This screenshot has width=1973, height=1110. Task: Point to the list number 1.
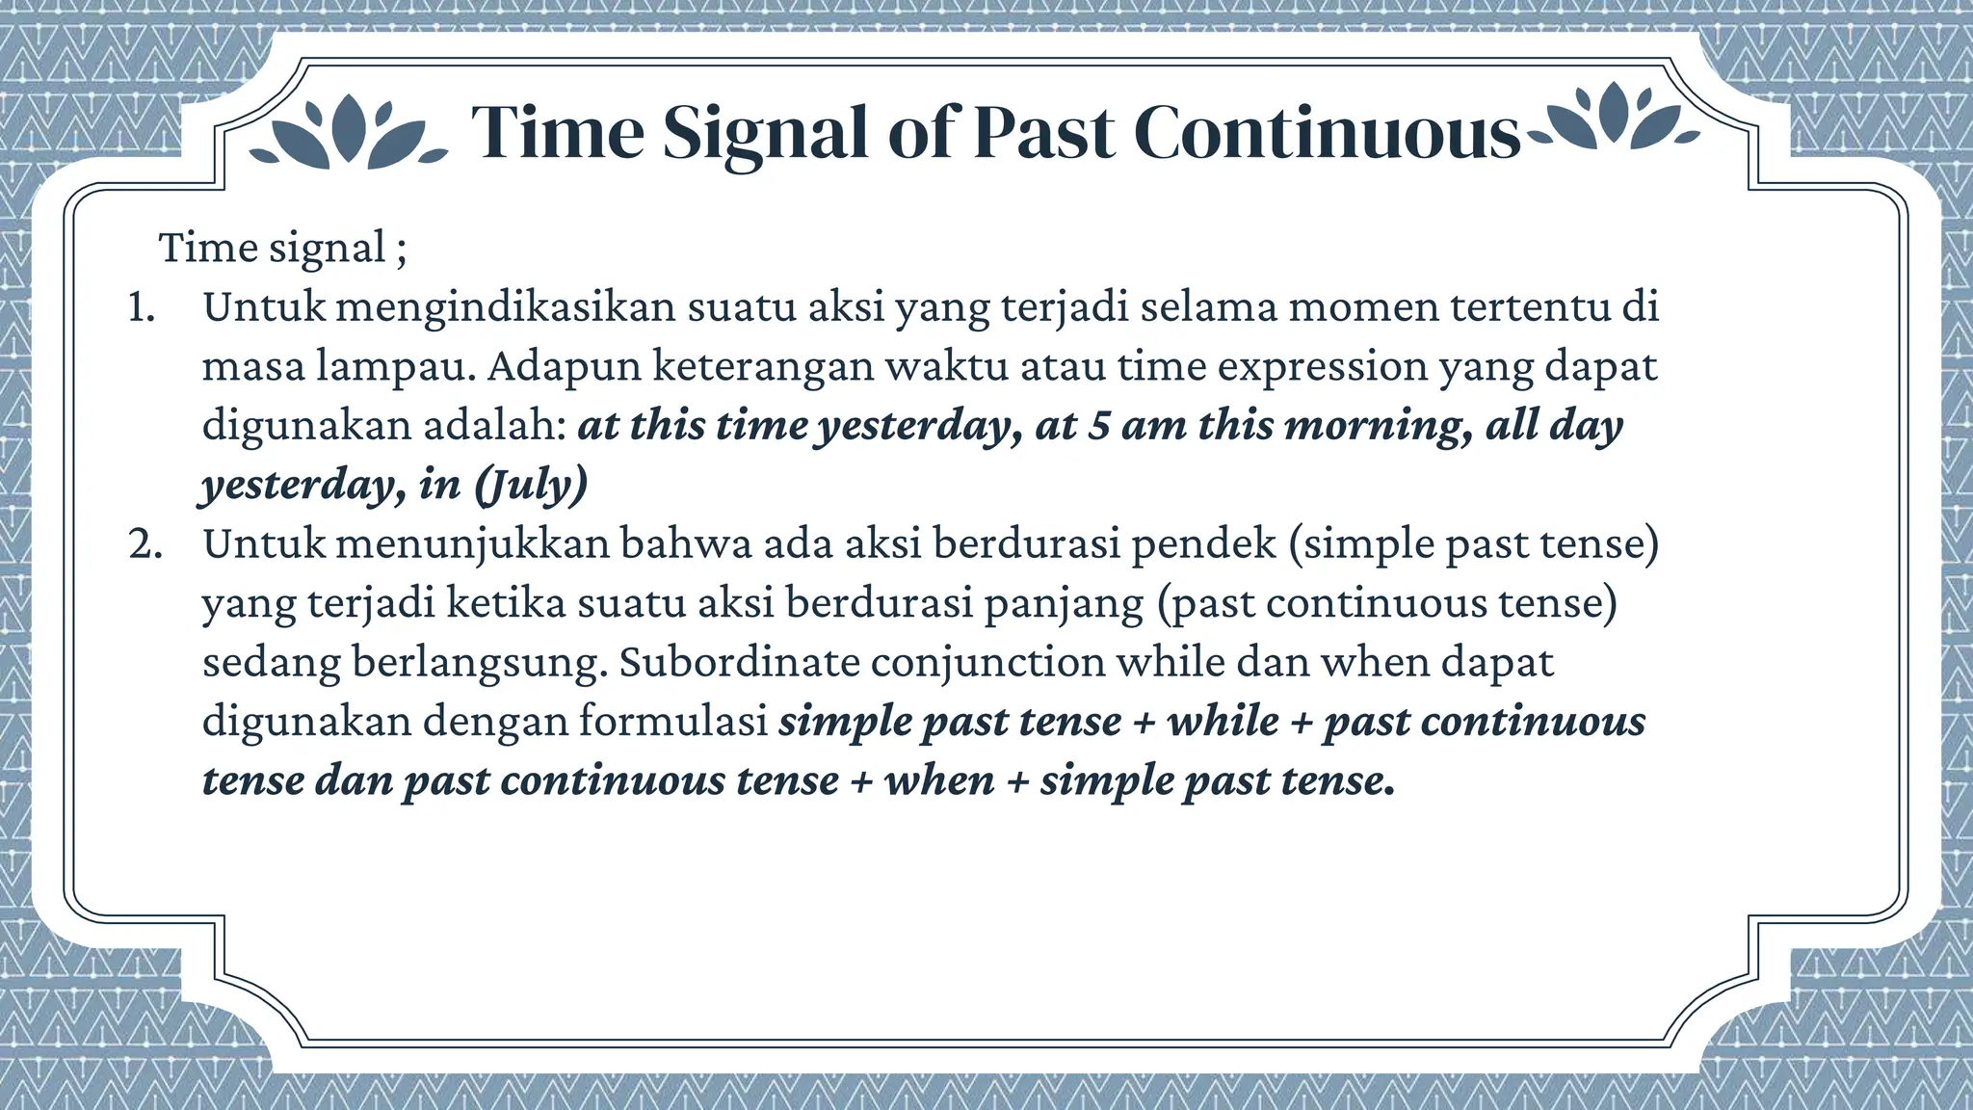click(142, 308)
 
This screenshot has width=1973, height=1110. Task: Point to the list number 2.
click(145, 545)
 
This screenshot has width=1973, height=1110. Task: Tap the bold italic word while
click(1223, 722)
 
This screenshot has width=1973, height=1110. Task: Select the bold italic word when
click(939, 780)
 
